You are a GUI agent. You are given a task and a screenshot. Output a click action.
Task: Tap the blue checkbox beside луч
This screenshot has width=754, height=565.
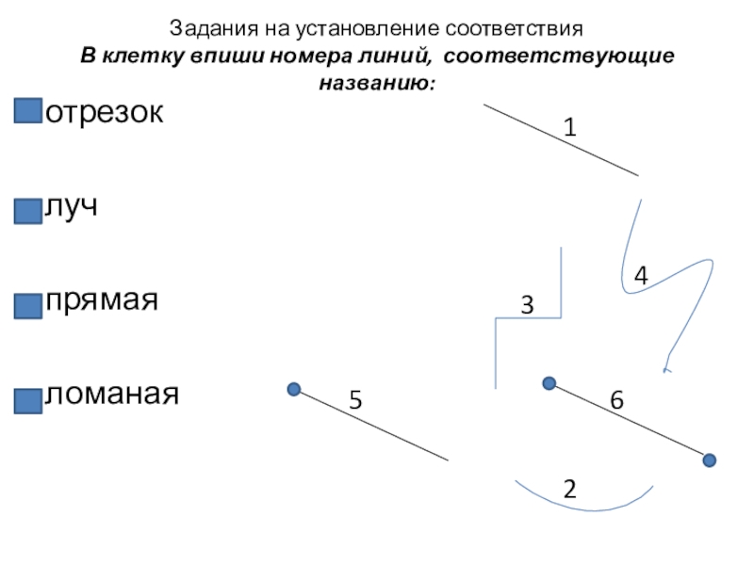[x=28, y=208]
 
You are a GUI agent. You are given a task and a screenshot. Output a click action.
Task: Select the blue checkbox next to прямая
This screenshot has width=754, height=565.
[x=28, y=304]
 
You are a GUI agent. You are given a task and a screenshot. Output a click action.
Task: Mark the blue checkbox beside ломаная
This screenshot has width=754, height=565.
[x=28, y=399]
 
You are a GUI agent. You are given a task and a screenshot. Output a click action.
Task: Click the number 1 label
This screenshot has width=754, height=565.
[x=570, y=126]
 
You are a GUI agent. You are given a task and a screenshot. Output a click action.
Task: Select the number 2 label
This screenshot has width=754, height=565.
[x=569, y=489]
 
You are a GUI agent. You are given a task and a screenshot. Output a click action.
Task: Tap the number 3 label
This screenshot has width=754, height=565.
[x=527, y=306]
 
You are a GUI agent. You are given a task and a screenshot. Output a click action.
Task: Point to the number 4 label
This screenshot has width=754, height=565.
[x=641, y=276]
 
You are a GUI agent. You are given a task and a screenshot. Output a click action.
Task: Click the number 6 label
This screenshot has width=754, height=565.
[x=616, y=401]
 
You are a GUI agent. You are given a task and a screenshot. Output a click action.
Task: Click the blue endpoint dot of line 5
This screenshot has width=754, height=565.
[x=294, y=389]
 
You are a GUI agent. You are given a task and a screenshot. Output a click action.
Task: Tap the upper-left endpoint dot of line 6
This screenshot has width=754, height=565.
[x=549, y=383]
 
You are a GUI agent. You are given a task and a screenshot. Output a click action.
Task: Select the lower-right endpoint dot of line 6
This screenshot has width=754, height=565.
[x=710, y=460]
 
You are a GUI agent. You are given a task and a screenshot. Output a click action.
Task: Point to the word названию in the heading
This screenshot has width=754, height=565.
[x=374, y=83]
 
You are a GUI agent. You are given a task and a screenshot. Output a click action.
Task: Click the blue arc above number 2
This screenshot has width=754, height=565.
[x=584, y=508]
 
